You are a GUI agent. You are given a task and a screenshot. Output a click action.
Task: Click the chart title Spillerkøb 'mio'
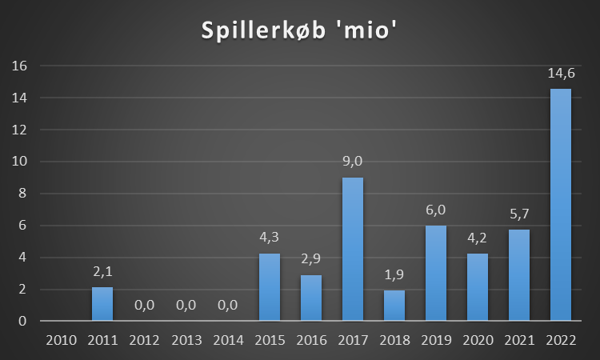click(x=299, y=31)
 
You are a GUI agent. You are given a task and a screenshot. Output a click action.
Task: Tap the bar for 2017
click(x=352, y=249)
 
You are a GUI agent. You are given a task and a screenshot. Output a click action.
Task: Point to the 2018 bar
click(x=394, y=306)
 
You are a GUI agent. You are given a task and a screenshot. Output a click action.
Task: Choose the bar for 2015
click(x=269, y=287)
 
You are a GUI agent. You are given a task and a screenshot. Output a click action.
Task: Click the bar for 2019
click(x=435, y=273)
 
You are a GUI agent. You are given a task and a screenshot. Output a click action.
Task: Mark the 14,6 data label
click(x=560, y=72)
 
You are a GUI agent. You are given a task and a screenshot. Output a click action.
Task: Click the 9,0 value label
click(x=352, y=162)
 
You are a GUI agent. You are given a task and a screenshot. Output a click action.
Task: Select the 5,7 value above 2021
click(x=518, y=214)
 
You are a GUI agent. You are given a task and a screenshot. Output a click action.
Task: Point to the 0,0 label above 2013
click(x=186, y=306)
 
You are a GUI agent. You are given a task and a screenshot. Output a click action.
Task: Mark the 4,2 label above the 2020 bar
click(x=477, y=238)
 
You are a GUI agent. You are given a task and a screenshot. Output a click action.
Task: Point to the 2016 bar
click(x=310, y=298)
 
